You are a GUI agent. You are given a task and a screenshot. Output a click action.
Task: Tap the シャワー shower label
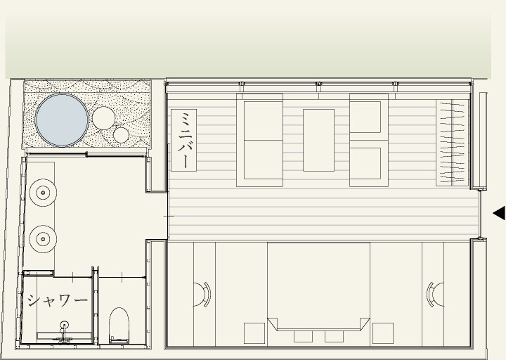click(58, 301)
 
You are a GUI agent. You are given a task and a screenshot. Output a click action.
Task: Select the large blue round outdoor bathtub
click(62, 120)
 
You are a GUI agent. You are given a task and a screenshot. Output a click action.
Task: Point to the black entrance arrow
click(499, 213)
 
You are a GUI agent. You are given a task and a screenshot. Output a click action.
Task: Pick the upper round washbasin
click(43, 193)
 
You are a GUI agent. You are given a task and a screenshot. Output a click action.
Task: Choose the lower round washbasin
click(43, 239)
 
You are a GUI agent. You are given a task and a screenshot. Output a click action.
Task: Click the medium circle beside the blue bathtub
click(103, 118)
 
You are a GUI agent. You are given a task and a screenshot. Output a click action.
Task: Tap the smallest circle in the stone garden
click(121, 135)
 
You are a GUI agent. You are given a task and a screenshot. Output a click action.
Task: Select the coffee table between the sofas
click(318, 140)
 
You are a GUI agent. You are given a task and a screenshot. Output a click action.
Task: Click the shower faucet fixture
click(64, 331)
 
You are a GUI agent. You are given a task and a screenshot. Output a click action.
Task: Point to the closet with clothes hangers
click(452, 143)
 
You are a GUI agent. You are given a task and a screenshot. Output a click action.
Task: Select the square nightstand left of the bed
click(254, 333)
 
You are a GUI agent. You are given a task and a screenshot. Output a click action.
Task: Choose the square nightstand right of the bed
click(383, 333)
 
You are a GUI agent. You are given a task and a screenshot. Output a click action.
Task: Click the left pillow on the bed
click(303, 336)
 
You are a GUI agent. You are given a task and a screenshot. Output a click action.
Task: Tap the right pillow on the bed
click(334, 336)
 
